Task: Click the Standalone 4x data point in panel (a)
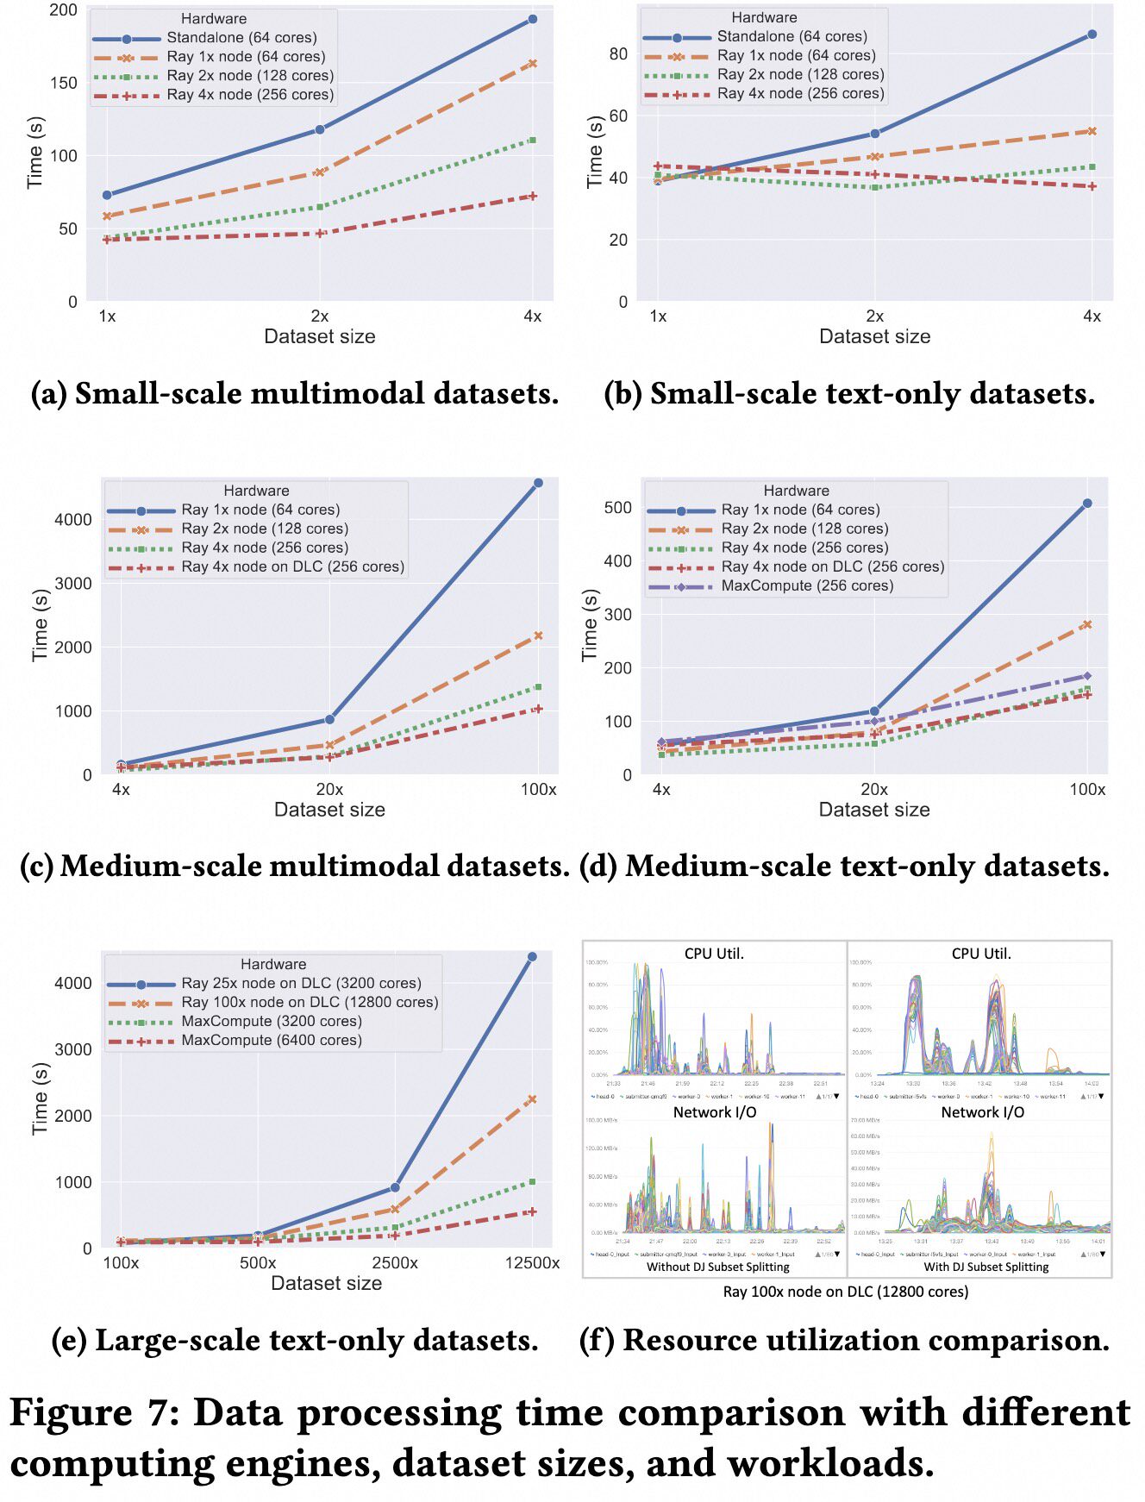point(532,19)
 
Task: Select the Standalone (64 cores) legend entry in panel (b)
point(791,37)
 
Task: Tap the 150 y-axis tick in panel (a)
point(64,83)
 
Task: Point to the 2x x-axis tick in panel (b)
point(874,316)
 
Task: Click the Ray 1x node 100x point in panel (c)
point(538,484)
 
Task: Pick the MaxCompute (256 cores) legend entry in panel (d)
point(806,586)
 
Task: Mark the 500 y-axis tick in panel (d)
point(617,508)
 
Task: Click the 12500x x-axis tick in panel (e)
point(532,1263)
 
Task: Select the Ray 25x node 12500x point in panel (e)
point(532,957)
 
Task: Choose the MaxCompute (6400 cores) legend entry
point(271,1041)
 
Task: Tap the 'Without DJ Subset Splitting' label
point(718,1267)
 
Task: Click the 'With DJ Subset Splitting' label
point(986,1267)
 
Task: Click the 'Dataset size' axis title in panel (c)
point(329,810)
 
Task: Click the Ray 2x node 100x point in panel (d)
point(1086,624)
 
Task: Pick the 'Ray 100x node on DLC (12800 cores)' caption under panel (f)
point(846,1292)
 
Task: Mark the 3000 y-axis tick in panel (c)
point(73,584)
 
